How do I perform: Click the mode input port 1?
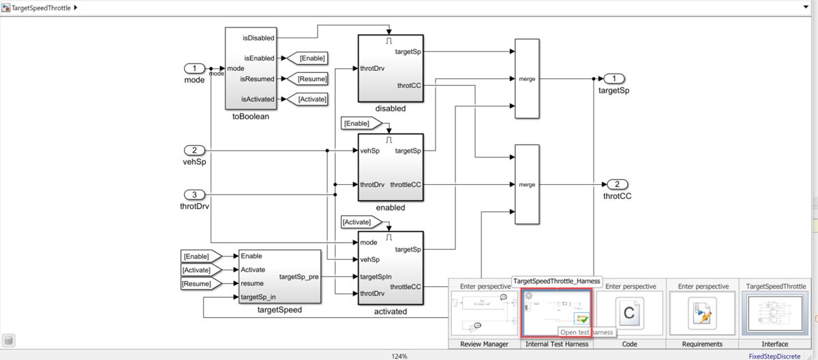[194, 68]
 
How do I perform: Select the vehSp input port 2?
[194, 150]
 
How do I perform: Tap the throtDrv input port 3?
[194, 194]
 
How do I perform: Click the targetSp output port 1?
[614, 78]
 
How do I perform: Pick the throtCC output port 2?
[616, 184]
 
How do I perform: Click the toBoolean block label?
[250, 117]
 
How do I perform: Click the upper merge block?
[527, 78]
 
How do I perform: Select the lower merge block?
[527, 184]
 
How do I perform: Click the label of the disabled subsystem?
[390, 108]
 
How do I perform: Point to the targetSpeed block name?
[279, 310]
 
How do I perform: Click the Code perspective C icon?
[629, 313]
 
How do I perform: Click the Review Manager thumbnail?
[484, 313]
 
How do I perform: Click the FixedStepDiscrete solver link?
[774, 356]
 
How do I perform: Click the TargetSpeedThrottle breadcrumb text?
[41, 7]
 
